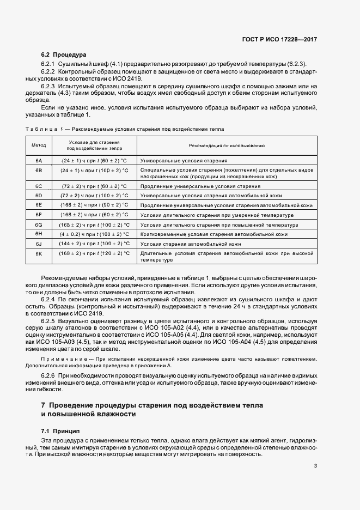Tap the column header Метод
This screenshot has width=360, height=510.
pyautogui.click(x=39, y=145)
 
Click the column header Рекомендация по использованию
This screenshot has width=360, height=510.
pyautogui.click(x=227, y=145)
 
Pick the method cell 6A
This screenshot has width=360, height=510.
pyautogui.click(x=39, y=161)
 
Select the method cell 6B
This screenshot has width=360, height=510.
pyautogui.click(x=39, y=171)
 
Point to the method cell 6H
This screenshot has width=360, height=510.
pyautogui.click(x=39, y=234)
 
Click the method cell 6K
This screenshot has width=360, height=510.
pyautogui.click(x=39, y=254)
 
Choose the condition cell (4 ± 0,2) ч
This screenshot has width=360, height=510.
pyautogui.click(x=94, y=234)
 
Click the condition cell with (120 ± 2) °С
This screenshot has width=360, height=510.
pyautogui.click(x=94, y=254)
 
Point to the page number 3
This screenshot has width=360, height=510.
pyautogui.click(x=315, y=465)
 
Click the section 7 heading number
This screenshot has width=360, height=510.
pyautogui.click(x=44, y=406)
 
